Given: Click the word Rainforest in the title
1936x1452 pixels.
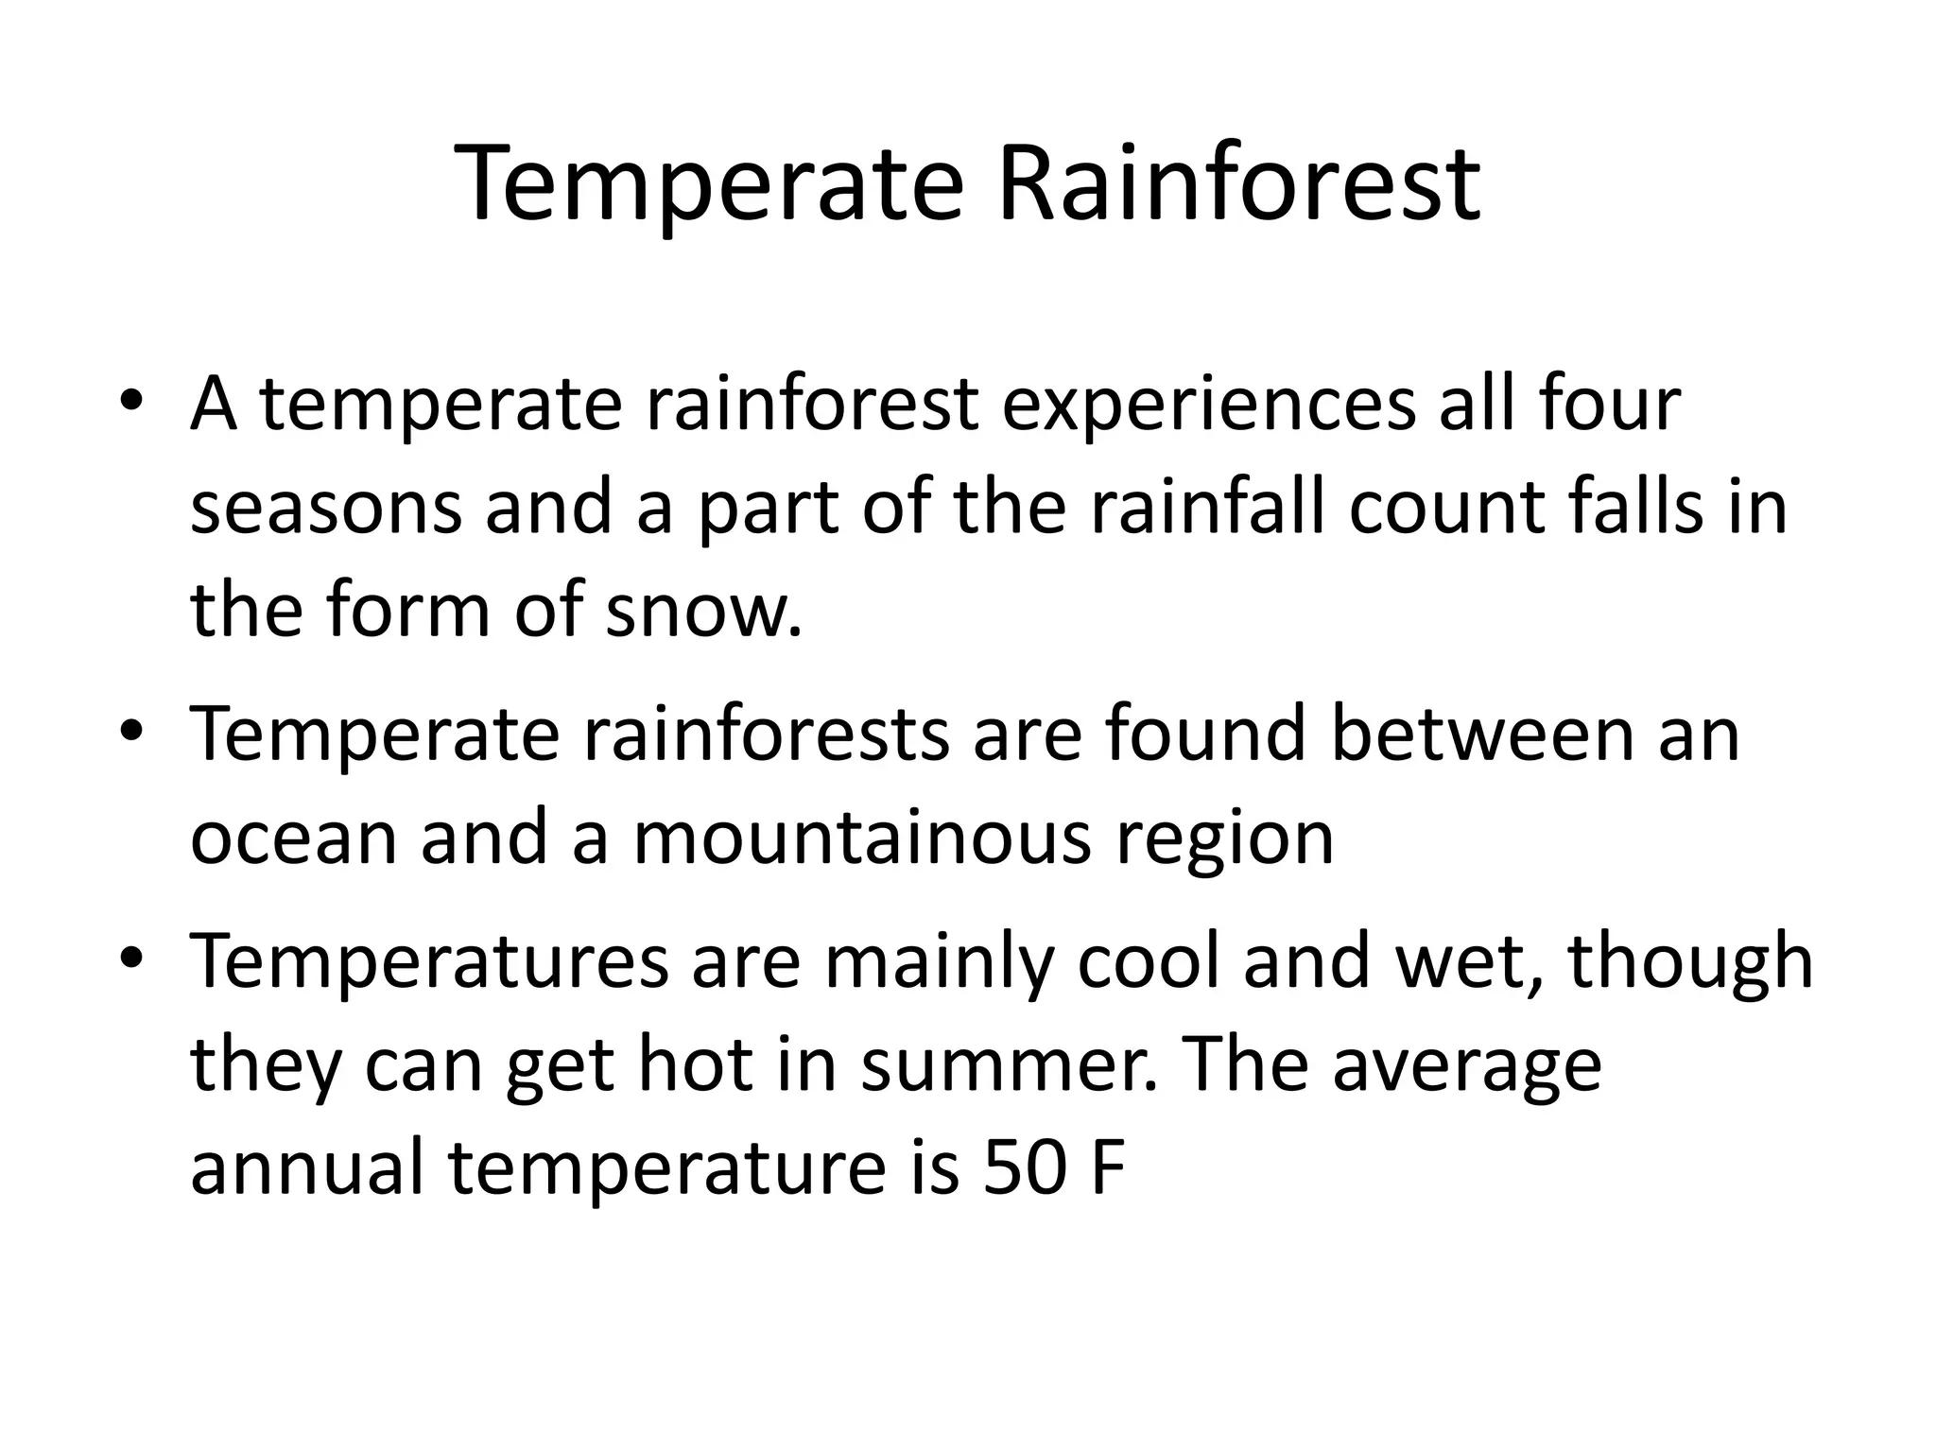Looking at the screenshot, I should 1238,183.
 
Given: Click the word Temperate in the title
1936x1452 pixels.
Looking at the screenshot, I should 709,183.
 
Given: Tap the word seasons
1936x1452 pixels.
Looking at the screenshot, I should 326,509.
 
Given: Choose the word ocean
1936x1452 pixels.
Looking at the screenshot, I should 293,839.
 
